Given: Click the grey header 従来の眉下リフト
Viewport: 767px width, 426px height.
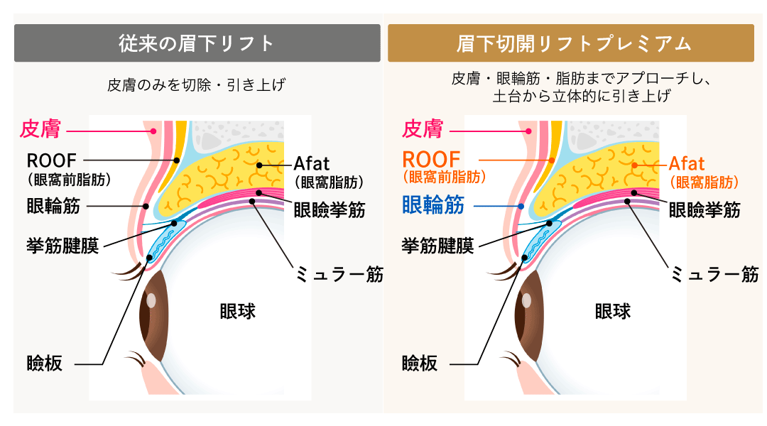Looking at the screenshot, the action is coord(197,43).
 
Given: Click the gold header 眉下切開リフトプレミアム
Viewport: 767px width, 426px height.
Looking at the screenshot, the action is coord(571,43).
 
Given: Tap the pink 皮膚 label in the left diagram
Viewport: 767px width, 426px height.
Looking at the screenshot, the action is coord(40,129).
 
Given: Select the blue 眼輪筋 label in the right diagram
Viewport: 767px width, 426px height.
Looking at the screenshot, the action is coord(433,205).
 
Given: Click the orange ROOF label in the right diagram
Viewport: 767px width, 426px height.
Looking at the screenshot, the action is coord(431,160).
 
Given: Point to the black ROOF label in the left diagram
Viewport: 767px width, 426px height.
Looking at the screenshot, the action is coord(51,160).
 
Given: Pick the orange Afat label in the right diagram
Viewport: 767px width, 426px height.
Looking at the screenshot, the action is coord(687,163).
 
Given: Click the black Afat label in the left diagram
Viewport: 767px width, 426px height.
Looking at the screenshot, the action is coord(312,163).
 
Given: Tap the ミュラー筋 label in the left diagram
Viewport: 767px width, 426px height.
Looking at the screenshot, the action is coord(339,274).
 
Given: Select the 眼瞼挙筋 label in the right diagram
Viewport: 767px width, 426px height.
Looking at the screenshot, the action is coord(705,210).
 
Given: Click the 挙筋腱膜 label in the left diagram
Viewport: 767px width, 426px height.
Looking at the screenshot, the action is coord(62,246).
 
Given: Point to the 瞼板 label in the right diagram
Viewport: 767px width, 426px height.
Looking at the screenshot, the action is coord(420,364).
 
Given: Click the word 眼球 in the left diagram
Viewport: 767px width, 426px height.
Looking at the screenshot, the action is coord(238,312).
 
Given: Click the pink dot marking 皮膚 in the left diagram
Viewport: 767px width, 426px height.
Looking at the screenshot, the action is coord(153,131).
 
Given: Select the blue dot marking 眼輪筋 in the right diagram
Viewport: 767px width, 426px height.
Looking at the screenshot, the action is coord(521,207).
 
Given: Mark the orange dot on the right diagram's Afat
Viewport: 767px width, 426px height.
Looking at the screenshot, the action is coord(634,165).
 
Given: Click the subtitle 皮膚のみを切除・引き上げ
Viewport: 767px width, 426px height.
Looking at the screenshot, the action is coord(196,85).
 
